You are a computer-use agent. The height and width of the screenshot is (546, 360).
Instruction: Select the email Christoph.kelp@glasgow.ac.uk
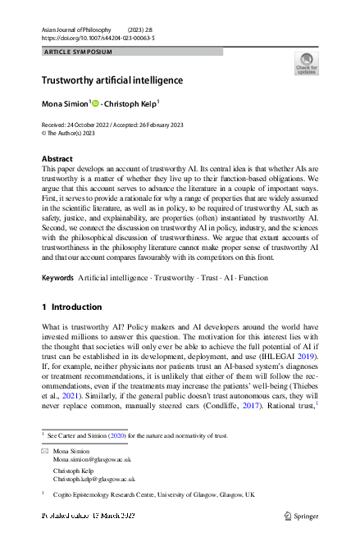(94, 479)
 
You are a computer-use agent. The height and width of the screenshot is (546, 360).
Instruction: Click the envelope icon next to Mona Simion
(44, 453)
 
